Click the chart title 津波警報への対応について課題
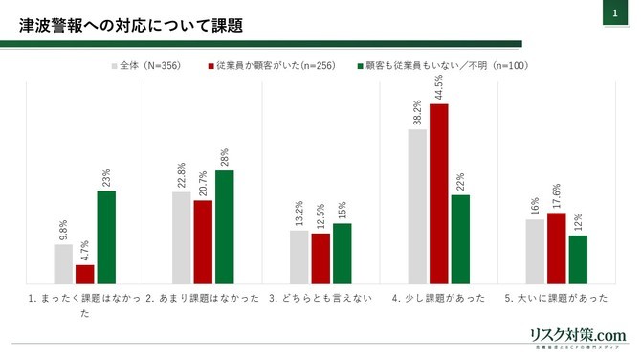(x=132, y=24)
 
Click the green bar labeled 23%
(x=106, y=236)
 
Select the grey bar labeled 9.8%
(x=63, y=263)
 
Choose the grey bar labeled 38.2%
(x=417, y=206)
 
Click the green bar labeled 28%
(x=224, y=226)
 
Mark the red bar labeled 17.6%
(x=557, y=248)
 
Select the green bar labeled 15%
(x=343, y=253)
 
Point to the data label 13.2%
(x=299, y=212)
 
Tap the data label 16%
(x=535, y=205)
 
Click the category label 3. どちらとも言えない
(x=320, y=298)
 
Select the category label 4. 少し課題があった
(x=439, y=298)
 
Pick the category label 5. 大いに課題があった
(x=556, y=298)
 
